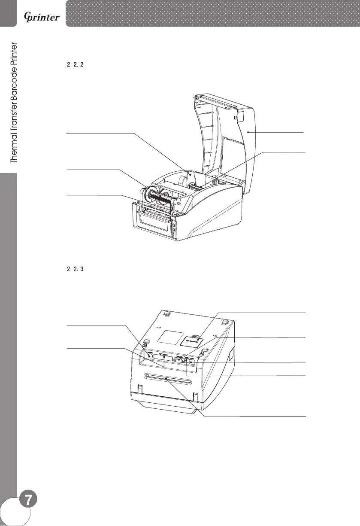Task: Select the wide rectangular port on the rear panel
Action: (x=163, y=357)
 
